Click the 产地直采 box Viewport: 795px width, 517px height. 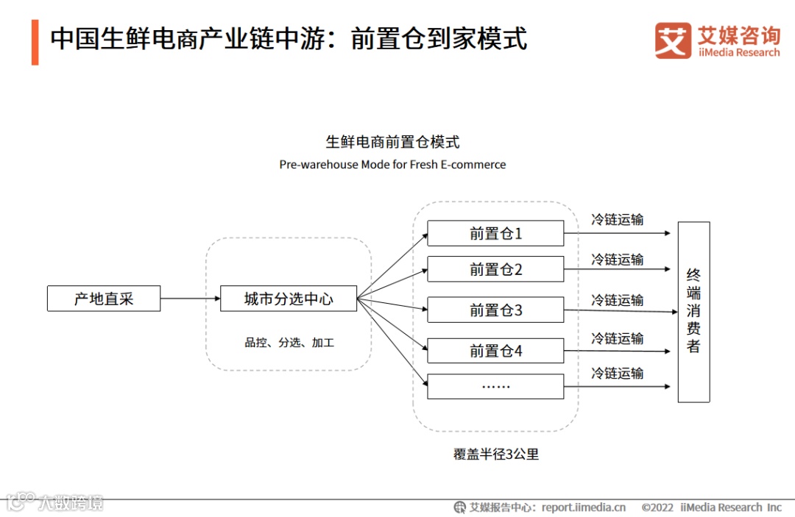tap(104, 299)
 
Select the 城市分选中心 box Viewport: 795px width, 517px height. tap(289, 299)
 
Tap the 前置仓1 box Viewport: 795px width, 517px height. tap(495, 233)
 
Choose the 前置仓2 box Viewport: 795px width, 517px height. tap(495, 269)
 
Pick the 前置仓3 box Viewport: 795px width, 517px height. tap(495, 310)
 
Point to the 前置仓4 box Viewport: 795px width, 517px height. tap(495, 351)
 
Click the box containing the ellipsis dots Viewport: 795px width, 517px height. tap(495, 386)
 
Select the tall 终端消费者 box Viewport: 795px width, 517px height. tap(693, 312)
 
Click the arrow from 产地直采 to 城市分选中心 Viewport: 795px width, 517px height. tap(190, 299)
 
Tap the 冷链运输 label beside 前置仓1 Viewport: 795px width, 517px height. tap(617, 219)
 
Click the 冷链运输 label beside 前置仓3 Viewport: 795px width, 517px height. tap(617, 300)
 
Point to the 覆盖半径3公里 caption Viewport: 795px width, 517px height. tap(496, 454)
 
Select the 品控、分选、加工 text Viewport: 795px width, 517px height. tap(289, 343)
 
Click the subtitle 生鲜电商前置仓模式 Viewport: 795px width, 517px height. tap(393, 142)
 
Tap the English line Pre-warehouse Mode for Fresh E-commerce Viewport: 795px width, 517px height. tap(392, 165)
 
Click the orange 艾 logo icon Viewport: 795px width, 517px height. tap(673, 40)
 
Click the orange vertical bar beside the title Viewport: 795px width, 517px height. tap(35, 42)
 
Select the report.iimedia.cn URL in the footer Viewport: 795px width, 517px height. tap(584, 507)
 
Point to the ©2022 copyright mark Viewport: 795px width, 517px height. tap(657, 507)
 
